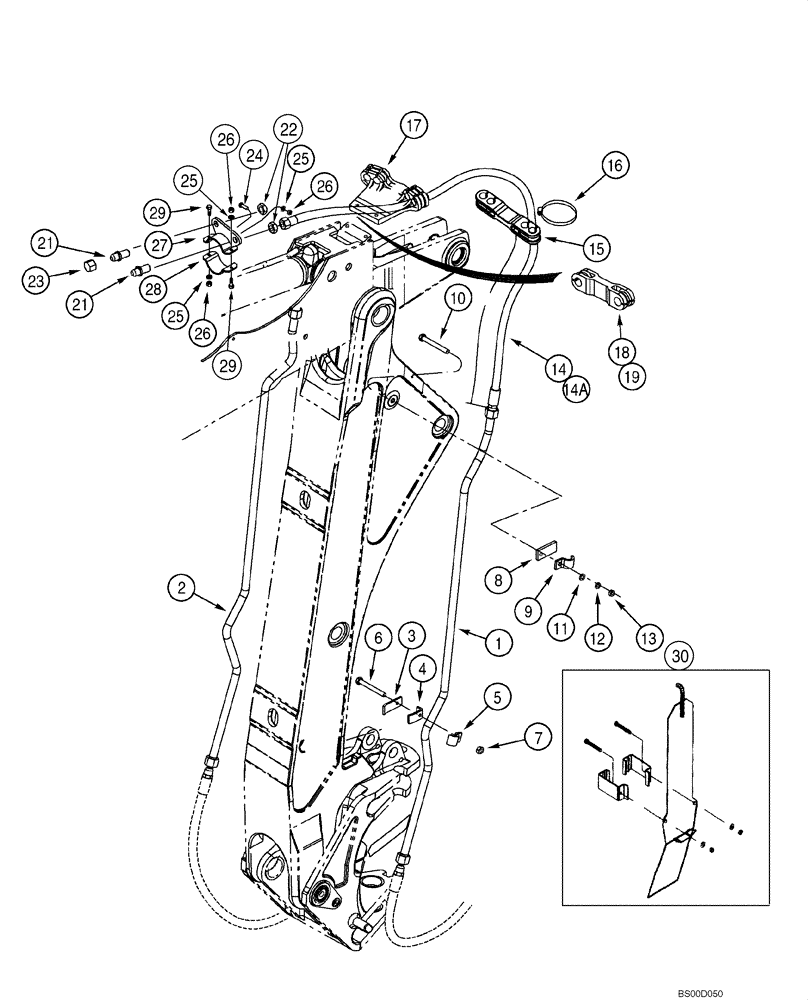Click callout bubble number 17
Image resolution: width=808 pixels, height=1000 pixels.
pos(414,126)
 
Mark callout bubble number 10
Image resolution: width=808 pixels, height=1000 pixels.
pos(455,298)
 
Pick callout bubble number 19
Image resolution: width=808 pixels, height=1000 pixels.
pos(632,377)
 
